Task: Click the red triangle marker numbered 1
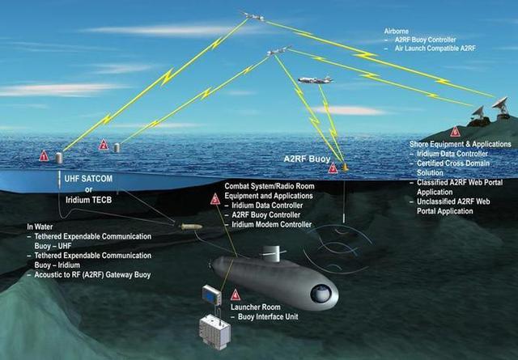click(x=44, y=156)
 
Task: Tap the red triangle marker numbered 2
click(x=104, y=145)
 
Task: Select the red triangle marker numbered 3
click(x=333, y=167)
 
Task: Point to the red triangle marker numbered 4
click(x=235, y=294)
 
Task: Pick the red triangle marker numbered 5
click(x=215, y=199)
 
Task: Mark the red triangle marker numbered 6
click(x=455, y=131)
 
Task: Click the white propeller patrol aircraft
click(x=316, y=80)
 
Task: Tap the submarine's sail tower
click(x=274, y=254)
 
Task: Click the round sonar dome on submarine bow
click(x=321, y=294)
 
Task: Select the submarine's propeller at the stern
click(x=210, y=265)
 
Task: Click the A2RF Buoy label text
click(x=307, y=159)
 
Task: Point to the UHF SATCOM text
click(x=88, y=179)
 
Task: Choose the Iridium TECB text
click(x=88, y=200)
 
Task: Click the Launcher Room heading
click(x=256, y=307)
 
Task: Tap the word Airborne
click(x=396, y=32)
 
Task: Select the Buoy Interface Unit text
click(x=268, y=317)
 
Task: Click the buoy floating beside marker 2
click(x=117, y=147)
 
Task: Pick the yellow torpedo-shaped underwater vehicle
click(x=191, y=227)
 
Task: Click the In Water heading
click(x=40, y=227)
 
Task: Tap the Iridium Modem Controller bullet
click(x=272, y=225)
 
